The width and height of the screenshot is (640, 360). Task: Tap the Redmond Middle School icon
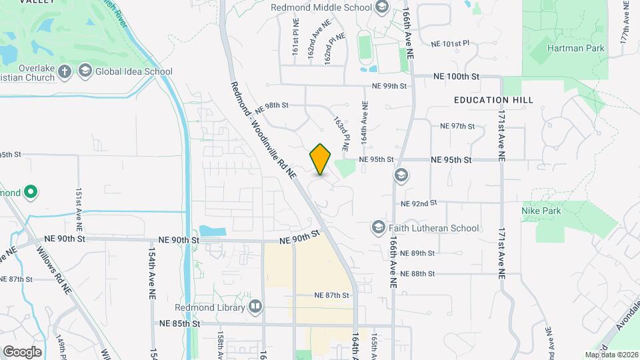tap(382, 8)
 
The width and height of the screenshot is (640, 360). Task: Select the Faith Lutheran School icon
tap(378, 228)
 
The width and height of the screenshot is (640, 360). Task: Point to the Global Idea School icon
tap(85, 71)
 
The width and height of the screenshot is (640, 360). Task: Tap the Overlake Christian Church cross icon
tap(64, 71)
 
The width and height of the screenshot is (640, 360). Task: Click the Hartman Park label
tap(575, 48)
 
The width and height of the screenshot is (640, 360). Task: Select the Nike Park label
tap(541, 211)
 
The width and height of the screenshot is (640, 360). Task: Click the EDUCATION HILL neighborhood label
tap(493, 100)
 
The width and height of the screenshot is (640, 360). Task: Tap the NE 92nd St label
tap(419, 203)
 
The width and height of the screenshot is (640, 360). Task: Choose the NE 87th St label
tap(332, 295)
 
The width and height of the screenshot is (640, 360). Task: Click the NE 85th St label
tap(180, 323)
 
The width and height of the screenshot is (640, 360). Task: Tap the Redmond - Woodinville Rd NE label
tap(263, 130)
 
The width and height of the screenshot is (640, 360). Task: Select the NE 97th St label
tap(457, 126)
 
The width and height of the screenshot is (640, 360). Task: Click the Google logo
tap(22, 351)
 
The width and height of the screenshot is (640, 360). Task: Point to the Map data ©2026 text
tap(611, 355)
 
